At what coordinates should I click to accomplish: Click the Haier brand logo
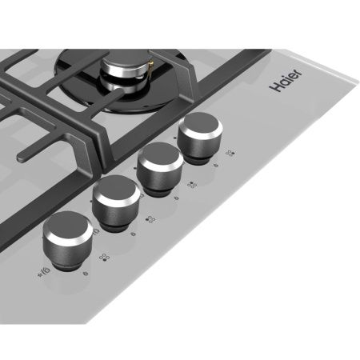click(x=286, y=80)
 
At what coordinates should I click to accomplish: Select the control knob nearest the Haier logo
click(x=200, y=137)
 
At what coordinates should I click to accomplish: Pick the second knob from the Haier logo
click(x=159, y=168)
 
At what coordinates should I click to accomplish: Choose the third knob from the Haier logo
click(x=116, y=202)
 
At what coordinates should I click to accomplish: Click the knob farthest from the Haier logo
click(x=68, y=240)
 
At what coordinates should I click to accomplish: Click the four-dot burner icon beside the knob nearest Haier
click(x=230, y=153)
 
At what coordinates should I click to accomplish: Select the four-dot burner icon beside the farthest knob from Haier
click(x=104, y=258)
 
